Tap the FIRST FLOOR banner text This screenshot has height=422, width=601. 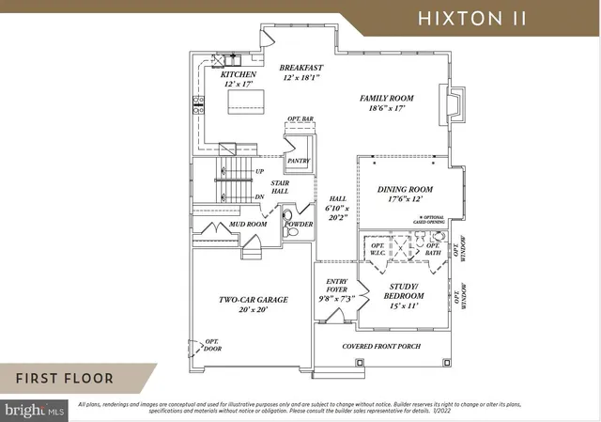(64, 379)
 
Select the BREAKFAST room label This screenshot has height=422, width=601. (301, 68)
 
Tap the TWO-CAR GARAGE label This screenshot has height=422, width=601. (254, 300)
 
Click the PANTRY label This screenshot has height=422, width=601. (299, 161)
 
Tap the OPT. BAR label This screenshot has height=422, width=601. (300, 119)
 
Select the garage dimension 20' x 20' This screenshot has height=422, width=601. (254, 310)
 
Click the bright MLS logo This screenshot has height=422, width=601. (35, 410)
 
